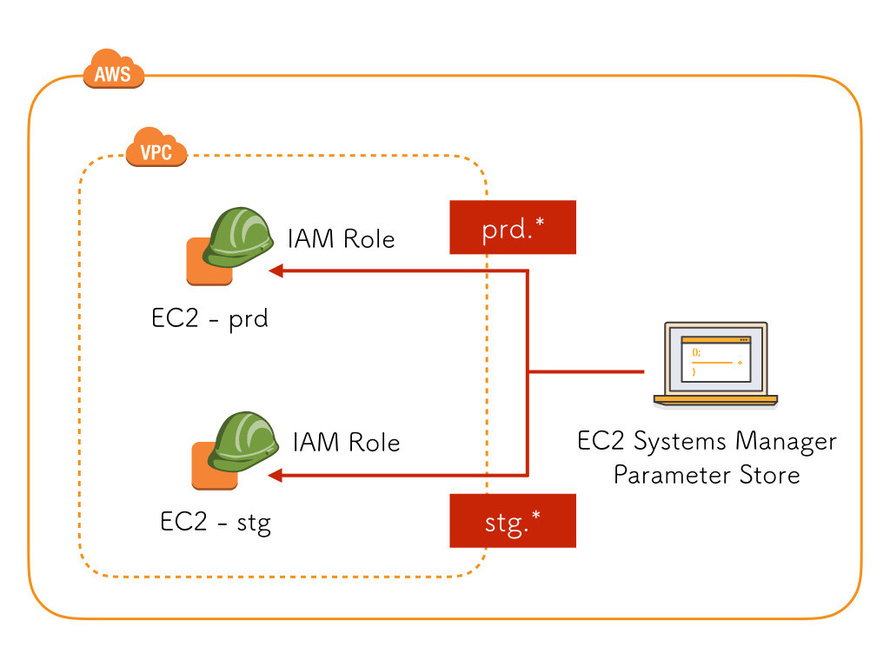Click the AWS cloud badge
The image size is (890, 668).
point(113,71)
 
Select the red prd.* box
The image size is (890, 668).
point(512,227)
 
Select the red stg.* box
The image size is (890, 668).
point(512,521)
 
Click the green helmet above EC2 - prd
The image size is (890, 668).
point(240,235)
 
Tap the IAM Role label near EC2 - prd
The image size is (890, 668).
point(341,238)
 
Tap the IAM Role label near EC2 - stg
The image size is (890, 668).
point(346,442)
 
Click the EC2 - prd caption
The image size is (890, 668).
point(209,318)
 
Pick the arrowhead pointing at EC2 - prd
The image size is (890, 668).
point(276,271)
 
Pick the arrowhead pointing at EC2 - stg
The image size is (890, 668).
point(276,475)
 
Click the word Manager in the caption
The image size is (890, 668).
point(786,441)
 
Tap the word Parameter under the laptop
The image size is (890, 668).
point(664,475)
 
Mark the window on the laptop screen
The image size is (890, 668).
point(715,357)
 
